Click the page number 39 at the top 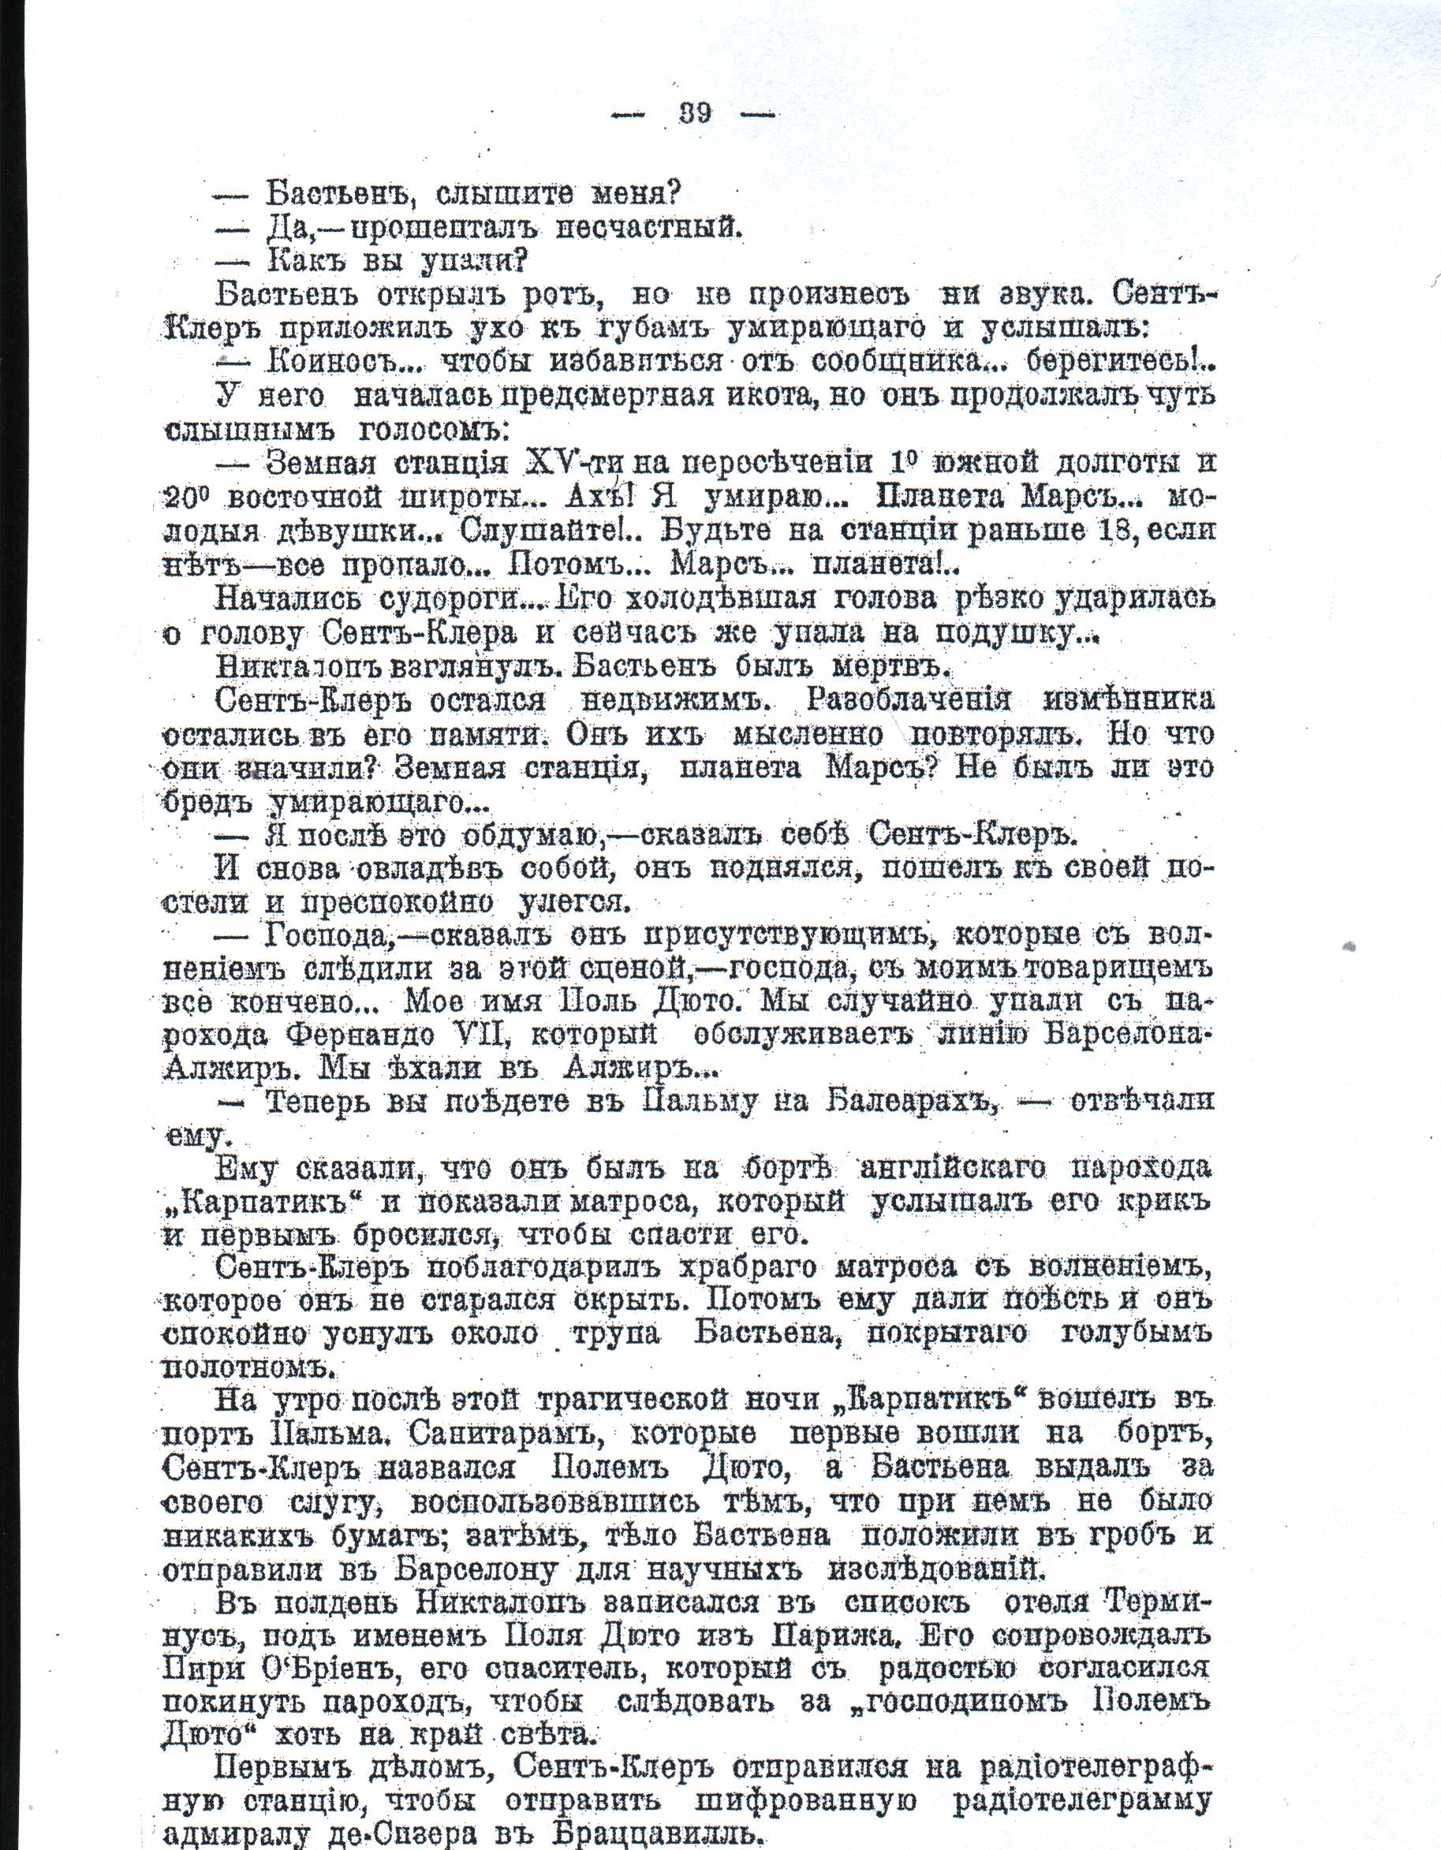[x=695, y=113]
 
